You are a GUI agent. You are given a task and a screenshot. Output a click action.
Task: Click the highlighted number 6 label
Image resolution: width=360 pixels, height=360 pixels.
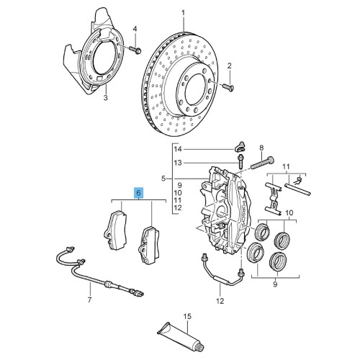click(x=139, y=193)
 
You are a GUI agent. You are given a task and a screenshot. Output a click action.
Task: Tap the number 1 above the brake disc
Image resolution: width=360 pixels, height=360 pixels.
click(x=183, y=13)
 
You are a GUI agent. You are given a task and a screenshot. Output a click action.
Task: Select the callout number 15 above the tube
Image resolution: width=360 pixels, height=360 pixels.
click(x=186, y=316)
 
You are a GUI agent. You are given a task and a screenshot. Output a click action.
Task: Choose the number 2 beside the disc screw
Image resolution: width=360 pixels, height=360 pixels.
click(x=230, y=66)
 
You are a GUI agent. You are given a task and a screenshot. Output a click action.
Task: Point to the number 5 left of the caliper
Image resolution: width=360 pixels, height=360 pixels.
click(x=163, y=179)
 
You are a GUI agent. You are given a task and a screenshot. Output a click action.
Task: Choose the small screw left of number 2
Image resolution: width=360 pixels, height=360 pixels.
click(x=225, y=87)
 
